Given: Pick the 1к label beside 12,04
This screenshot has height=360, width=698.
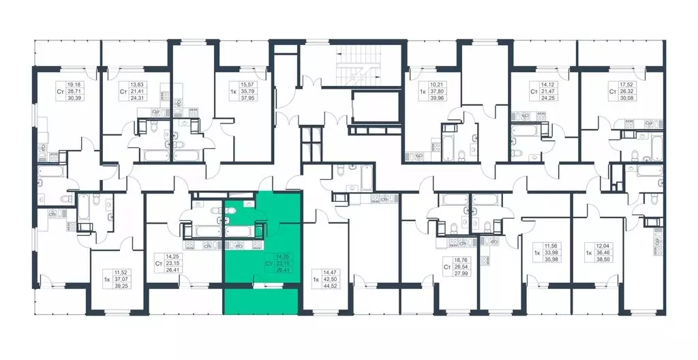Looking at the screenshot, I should (x=588, y=252).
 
